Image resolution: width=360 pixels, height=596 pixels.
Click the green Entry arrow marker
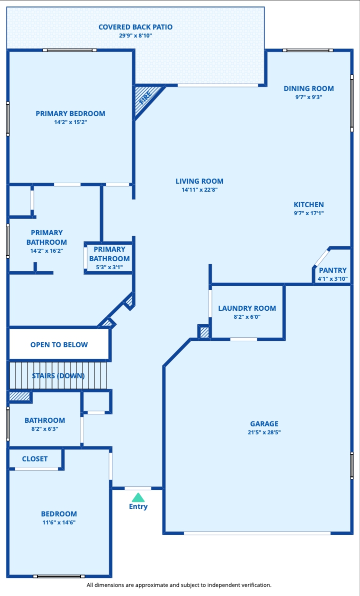(138, 497)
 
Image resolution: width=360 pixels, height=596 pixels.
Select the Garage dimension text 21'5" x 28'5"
(264, 432)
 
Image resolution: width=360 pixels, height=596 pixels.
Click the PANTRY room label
(332, 270)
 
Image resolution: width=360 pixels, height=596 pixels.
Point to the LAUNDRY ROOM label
(247, 308)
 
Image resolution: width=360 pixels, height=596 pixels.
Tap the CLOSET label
(34, 459)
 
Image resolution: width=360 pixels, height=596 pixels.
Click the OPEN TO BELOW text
(59, 345)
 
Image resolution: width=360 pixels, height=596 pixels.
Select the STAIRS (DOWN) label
(58, 376)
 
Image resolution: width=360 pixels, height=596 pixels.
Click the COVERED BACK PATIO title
(135, 27)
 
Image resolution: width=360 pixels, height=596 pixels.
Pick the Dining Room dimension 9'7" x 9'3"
(308, 97)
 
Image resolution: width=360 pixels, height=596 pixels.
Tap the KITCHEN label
(308, 205)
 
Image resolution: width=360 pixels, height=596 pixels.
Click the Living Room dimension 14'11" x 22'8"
(199, 190)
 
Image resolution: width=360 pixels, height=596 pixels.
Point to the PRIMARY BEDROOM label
(70, 113)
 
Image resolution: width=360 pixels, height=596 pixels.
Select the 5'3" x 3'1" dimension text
(109, 267)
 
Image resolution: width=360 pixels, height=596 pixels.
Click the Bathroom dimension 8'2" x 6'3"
(44, 429)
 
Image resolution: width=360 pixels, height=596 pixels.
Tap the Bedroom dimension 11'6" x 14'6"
(59, 522)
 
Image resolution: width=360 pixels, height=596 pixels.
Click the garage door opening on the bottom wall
(257, 533)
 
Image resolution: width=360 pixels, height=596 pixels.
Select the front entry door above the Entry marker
(137, 488)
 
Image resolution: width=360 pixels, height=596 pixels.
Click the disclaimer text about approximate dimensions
(179, 585)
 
